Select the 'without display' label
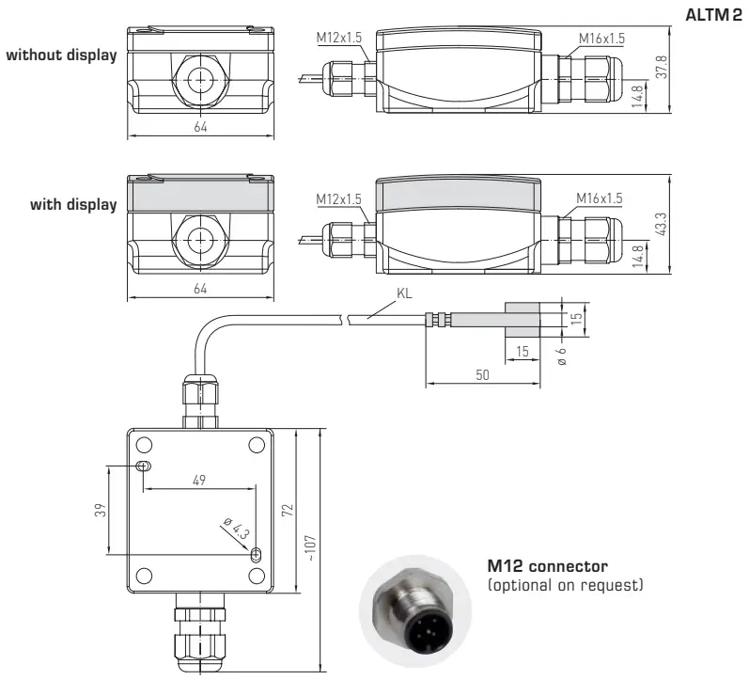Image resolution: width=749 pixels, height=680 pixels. pos(62,55)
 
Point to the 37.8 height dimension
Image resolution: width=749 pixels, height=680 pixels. pos(662,68)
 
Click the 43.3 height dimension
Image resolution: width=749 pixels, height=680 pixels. pos(662,223)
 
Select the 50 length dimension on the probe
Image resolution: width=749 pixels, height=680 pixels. pos(482,375)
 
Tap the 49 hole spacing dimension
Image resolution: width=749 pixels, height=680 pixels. pos(198,479)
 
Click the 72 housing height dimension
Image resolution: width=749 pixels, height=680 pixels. pos(289,510)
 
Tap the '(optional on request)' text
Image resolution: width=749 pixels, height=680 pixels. pos(563,586)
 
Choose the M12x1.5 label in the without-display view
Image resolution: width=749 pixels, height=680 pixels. pos(338,39)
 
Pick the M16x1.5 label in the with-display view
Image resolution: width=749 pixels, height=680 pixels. pos(601,198)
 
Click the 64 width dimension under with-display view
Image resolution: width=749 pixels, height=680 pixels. pos(200,288)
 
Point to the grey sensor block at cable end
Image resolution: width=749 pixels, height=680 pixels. pos(523,320)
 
